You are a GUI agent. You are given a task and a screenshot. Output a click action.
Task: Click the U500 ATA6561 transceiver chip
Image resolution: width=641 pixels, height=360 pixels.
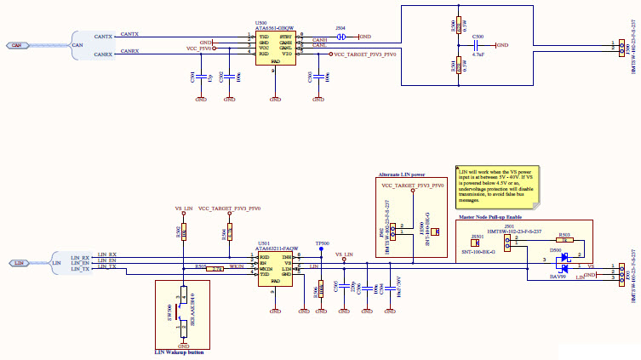[275, 47]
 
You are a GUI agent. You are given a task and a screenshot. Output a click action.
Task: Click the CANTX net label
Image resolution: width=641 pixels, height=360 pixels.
[129, 35]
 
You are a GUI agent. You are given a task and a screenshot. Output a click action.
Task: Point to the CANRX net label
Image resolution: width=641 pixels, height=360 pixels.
[129, 52]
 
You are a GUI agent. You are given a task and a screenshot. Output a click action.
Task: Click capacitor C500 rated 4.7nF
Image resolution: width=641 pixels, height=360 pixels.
[478, 45]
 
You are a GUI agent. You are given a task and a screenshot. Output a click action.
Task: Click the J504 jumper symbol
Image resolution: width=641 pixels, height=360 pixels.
[341, 37]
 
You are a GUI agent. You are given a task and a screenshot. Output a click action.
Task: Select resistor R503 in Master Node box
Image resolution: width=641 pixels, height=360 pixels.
[564, 241]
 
